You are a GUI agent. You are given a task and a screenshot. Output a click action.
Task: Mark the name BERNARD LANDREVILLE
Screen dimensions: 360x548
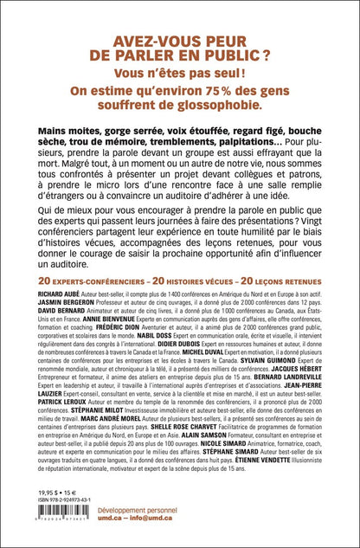tap(287, 430)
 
